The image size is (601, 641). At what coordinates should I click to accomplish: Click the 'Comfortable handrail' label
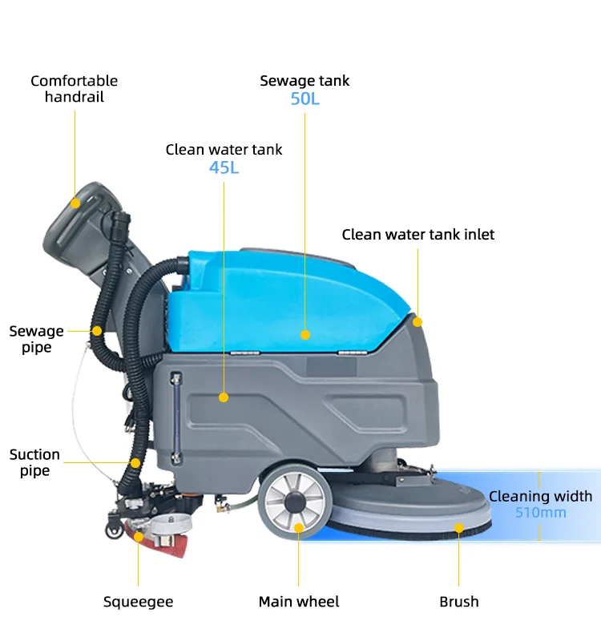(x=74, y=89)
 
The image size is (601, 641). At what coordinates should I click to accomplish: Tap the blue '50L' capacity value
(x=305, y=99)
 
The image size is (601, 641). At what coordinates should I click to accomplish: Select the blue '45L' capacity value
(x=224, y=167)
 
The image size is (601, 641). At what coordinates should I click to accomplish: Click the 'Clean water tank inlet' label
(x=417, y=235)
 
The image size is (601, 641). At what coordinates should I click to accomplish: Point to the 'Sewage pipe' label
(x=36, y=339)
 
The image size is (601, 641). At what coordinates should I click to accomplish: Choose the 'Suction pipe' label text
(x=34, y=462)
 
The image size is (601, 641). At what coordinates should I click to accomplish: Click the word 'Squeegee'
(x=138, y=602)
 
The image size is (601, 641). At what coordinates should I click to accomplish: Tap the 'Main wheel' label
(x=299, y=602)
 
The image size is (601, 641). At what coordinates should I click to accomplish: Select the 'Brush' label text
(x=458, y=602)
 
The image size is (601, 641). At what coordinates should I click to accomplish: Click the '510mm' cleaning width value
(x=540, y=512)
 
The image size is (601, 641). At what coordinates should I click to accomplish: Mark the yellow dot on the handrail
(x=75, y=204)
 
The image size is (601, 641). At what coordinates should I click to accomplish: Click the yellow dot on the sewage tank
(x=305, y=335)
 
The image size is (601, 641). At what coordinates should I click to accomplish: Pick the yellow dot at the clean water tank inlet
(x=417, y=322)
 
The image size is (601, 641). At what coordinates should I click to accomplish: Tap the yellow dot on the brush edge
(x=459, y=528)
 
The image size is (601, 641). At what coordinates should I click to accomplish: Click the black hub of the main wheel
(x=295, y=502)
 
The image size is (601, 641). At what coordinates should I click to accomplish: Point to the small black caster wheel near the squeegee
(x=114, y=530)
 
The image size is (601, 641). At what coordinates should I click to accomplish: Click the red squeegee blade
(x=159, y=538)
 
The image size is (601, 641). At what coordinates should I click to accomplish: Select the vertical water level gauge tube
(x=176, y=418)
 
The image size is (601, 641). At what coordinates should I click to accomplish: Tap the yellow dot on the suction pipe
(x=135, y=463)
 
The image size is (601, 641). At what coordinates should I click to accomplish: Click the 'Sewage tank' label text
(x=305, y=81)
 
